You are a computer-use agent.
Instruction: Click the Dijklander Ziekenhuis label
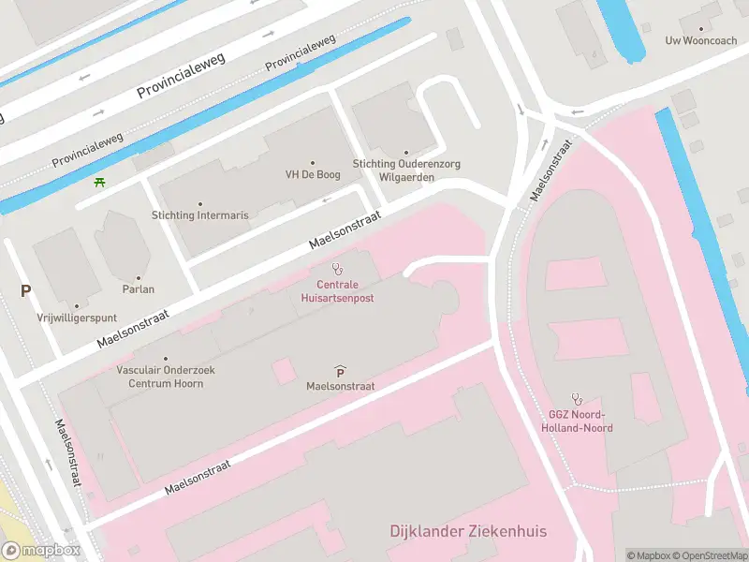tap(468, 532)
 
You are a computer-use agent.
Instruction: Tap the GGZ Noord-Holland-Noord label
tap(577, 421)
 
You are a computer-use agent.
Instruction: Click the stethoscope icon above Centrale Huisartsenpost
tap(337, 269)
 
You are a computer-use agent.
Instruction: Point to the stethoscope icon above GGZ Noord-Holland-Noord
tap(578, 398)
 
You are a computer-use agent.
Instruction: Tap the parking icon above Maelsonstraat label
tap(339, 371)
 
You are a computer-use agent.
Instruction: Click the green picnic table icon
tap(99, 181)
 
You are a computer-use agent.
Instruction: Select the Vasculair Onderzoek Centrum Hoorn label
tap(166, 377)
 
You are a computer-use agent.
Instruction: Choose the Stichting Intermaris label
tap(200, 215)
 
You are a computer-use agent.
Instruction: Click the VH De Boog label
tap(312, 174)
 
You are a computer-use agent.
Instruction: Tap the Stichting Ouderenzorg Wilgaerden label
tap(406, 170)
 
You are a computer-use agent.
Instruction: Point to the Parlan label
tap(139, 289)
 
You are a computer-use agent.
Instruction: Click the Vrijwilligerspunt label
tap(77, 318)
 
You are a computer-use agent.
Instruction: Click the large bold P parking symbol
tap(25, 291)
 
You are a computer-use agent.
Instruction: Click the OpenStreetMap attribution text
tap(710, 555)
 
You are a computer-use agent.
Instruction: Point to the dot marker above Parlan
tap(139, 277)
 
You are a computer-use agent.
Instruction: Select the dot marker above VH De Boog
tap(312, 162)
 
